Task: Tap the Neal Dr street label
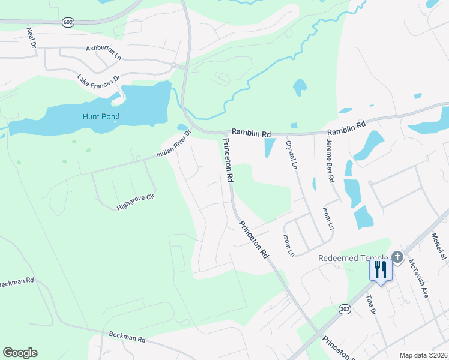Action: [x=32, y=37]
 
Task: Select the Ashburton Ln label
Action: [x=104, y=52]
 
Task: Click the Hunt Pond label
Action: [x=101, y=116]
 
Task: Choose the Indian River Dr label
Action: [x=173, y=144]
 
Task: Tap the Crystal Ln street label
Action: [x=292, y=155]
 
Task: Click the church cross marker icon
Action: [x=397, y=257]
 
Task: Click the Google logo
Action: [x=20, y=353]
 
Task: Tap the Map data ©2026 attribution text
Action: [x=423, y=355]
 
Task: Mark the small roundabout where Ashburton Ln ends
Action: [x=173, y=64]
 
